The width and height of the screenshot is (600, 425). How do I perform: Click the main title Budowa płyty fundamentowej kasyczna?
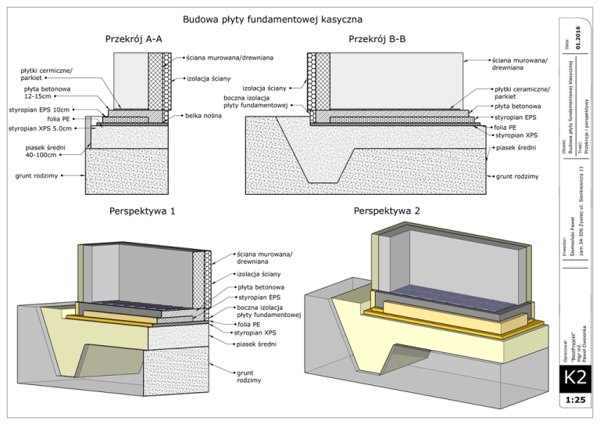[272, 19]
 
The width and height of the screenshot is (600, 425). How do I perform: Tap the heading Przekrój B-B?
[377, 38]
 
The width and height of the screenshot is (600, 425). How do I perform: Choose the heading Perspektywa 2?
[387, 211]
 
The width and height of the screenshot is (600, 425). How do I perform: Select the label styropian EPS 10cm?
[39, 110]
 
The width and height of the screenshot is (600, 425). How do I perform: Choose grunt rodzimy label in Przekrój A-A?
[37, 176]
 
